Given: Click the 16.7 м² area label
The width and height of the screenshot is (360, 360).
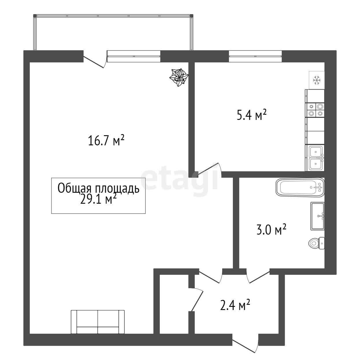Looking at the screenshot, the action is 106,141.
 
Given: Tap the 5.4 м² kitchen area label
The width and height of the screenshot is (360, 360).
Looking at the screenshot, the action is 251,115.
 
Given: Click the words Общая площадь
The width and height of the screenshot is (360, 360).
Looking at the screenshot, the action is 99,188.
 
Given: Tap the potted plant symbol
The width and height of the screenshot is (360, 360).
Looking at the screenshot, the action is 179,77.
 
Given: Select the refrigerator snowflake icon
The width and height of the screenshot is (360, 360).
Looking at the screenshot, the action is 317,80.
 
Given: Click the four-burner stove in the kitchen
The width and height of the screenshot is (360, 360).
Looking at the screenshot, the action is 315,110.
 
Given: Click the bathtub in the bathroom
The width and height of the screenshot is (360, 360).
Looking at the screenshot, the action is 300,187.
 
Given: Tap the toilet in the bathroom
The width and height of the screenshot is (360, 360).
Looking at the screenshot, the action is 316,243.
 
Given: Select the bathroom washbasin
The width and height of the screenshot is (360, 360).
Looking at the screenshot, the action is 318,216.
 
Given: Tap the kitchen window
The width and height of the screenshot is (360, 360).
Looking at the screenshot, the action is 255,56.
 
